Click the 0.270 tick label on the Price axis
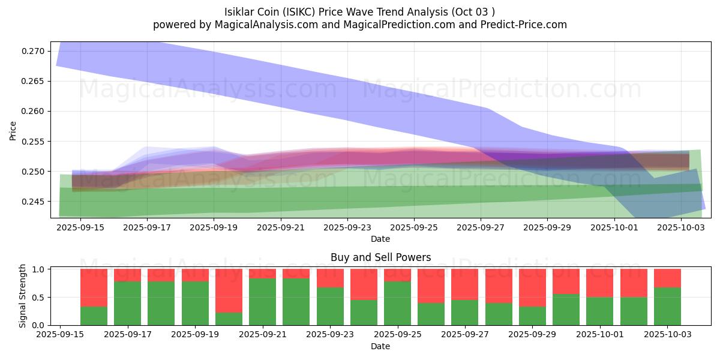[34, 51]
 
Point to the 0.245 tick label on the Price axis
[34, 202]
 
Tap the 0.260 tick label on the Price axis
[34, 112]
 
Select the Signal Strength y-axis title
[22, 296]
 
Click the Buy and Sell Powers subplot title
[380, 257]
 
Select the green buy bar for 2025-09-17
[128, 303]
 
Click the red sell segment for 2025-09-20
[229, 290]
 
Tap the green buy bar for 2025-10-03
[667, 306]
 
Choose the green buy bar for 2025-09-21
[262, 302]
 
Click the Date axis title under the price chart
[380, 239]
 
